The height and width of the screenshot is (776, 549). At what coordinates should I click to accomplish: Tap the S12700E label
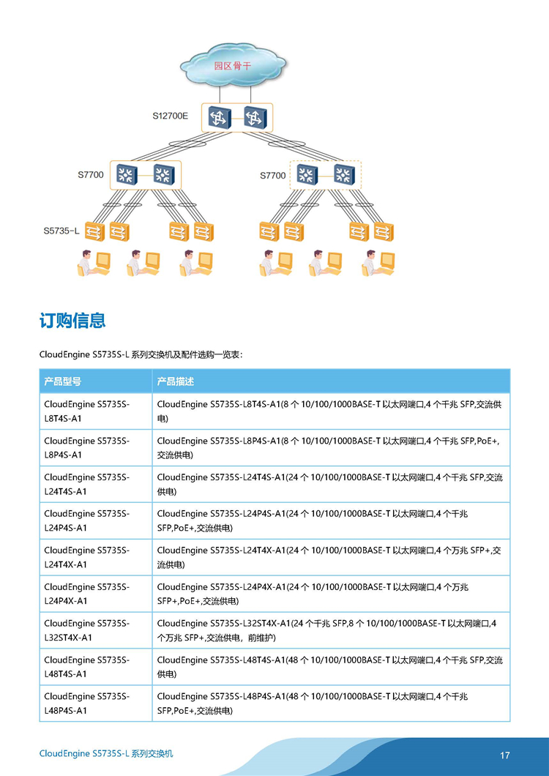(170, 117)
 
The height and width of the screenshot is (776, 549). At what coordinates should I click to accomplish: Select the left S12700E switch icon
(220, 118)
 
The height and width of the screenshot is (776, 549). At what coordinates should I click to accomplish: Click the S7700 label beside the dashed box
(273, 175)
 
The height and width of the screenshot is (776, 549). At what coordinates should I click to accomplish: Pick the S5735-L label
(61, 231)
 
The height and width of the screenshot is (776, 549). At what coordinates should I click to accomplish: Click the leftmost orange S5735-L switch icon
(94, 231)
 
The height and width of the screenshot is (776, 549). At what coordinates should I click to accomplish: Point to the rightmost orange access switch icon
(384, 231)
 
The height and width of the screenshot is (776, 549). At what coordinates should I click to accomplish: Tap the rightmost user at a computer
(378, 263)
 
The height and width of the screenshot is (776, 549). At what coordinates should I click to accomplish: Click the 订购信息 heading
(72, 320)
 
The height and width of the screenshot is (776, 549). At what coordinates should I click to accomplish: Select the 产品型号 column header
(62, 381)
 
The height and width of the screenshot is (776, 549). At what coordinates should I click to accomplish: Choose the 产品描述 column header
(175, 381)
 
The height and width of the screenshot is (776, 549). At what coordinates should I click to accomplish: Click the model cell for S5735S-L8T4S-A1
(96, 411)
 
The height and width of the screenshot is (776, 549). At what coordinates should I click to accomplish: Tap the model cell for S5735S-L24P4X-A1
(96, 594)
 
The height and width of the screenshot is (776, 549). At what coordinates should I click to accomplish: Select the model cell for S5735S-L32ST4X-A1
(96, 630)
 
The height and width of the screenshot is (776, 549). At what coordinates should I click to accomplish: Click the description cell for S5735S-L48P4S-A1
(331, 704)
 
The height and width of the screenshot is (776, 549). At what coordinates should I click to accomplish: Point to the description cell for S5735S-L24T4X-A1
(331, 557)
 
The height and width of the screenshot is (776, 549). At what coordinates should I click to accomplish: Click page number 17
(504, 756)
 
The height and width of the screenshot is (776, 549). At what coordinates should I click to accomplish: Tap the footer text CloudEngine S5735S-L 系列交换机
(106, 754)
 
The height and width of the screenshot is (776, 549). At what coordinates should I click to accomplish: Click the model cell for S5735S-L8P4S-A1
(96, 448)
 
